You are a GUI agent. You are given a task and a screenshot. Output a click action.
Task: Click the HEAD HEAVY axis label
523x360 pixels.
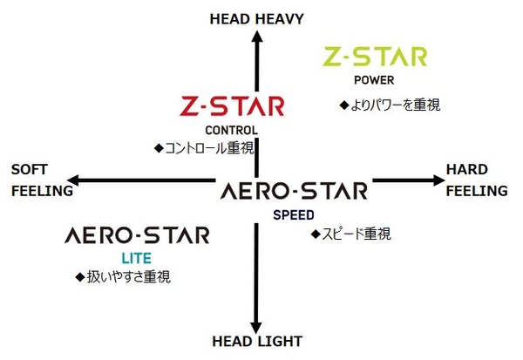click(257, 19)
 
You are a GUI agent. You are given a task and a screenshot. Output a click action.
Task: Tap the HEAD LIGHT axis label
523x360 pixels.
click(257, 342)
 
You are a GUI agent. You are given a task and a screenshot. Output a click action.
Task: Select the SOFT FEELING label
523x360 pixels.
click(42, 180)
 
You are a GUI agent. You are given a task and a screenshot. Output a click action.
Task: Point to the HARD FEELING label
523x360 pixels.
click(477, 180)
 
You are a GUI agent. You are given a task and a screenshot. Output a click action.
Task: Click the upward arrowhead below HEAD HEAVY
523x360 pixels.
click(257, 36)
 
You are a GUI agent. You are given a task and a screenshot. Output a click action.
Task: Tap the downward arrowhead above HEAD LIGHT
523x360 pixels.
click(256, 328)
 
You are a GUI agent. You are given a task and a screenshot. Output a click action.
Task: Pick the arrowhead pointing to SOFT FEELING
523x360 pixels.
click(72, 180)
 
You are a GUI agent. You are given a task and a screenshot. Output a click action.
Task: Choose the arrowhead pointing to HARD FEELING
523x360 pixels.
click(439, 180)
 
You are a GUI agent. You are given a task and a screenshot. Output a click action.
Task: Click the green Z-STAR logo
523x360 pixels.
click(375, 57)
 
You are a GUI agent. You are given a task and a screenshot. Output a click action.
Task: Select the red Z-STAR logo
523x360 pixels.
click(232, 106)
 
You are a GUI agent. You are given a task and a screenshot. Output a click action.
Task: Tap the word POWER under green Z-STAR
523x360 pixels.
click(374, 80)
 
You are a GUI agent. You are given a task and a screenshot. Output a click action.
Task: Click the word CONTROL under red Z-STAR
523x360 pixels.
click(232, 130)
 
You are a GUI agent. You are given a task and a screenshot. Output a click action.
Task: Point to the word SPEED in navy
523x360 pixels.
click(294, 215)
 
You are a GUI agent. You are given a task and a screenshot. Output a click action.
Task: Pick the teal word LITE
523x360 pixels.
click(137, 259)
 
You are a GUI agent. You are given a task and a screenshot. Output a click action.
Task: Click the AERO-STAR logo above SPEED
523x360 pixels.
click(294, 191)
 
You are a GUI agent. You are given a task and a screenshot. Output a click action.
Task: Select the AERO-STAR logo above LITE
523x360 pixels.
click(137, 234)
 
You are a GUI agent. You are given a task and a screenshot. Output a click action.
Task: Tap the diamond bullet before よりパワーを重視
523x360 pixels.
click(344, 105)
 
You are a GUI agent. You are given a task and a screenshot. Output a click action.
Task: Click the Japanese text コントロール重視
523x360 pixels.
click(209, 148)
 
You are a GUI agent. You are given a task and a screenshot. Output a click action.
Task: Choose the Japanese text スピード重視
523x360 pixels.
click(357, 234)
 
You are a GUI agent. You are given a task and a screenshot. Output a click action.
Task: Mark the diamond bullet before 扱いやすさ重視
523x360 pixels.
click(80, 277)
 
